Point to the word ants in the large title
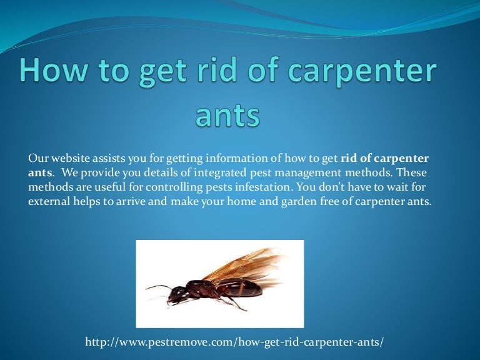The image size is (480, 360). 227,116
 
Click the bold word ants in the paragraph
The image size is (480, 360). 40,173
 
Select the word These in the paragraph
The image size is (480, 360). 412,172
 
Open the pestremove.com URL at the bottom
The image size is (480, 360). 234,342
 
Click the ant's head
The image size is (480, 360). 177,293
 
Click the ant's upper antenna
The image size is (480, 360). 158,287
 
